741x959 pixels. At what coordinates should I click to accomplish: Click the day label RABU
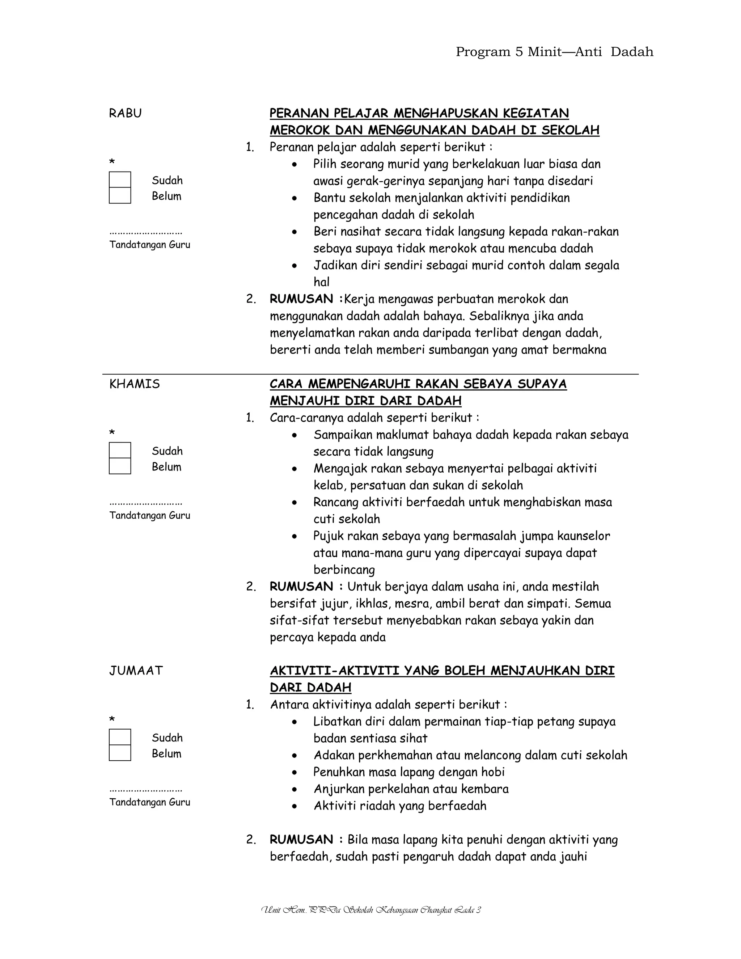tap(125, 113)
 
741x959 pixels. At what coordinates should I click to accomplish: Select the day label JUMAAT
tap(136, 671)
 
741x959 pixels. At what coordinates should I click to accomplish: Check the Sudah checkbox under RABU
tap(120, 180)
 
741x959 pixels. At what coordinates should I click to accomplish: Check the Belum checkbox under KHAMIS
tap(120, 466)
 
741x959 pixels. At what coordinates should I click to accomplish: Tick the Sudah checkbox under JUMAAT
tap(120, 737)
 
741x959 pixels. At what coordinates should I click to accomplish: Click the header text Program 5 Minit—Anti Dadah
tap(554, 52)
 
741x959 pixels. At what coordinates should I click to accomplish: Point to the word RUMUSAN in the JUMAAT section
tap(301, 840)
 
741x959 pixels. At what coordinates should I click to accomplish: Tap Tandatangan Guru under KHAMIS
tap(150, 515)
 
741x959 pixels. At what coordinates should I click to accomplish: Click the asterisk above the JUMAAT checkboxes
tap(112, 719)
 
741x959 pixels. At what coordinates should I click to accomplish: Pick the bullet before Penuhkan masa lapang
tap(294, 772)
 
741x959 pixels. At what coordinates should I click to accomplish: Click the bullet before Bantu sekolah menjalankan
tap(294, 198)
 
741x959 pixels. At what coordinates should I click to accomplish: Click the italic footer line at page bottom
tap(371, 910)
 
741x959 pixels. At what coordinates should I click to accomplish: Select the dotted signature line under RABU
tap(146, 232)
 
